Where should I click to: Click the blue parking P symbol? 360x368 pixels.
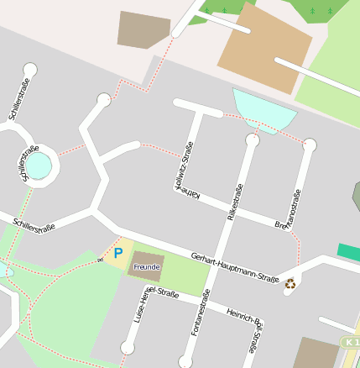[118, 252]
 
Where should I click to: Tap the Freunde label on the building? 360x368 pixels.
[147, 266]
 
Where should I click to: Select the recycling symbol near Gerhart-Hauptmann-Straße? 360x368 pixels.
[290, 283]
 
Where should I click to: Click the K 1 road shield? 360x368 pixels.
[351, 342]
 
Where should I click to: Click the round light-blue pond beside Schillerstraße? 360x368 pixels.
[41, 167]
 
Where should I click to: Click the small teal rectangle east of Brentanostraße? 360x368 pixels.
[349, 252]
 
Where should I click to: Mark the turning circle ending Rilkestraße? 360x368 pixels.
[252, 140]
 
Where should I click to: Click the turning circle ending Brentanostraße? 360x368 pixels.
[310, 145]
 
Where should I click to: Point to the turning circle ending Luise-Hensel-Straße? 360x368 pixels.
[128, 347]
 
